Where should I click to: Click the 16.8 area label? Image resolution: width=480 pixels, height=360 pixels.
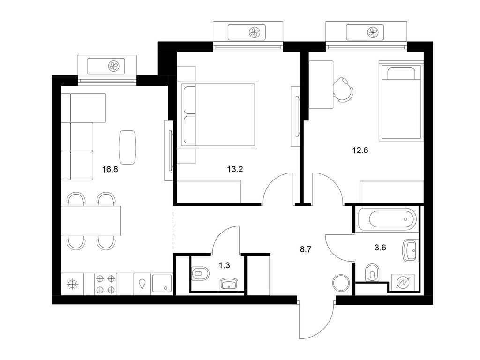111,170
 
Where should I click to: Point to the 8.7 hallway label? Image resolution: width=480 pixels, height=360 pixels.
306,249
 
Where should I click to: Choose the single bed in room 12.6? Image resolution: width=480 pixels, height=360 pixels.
400,102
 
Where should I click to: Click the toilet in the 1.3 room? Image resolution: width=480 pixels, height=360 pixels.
200,273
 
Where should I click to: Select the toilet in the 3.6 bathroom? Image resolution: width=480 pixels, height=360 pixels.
372,272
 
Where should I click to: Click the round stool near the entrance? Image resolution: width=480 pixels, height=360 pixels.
341,283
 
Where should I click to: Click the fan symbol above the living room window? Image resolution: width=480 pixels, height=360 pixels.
113,65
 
